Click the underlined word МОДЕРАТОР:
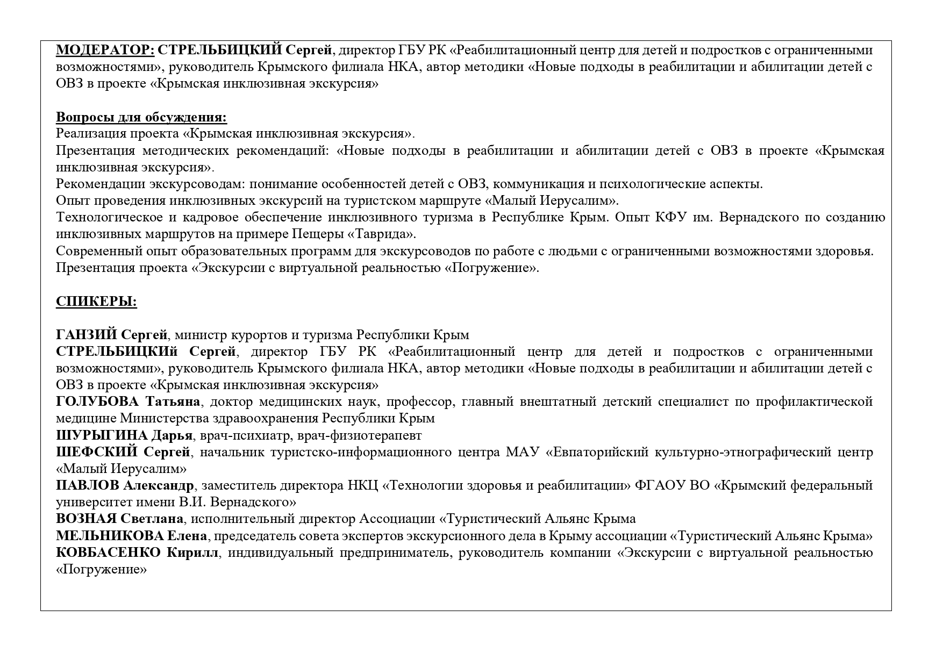click(105, 51)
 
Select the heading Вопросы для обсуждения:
click(141, 117)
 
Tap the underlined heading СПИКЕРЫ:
click(96, 302)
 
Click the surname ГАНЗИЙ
click(87, 335)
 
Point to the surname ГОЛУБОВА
click(97, 401)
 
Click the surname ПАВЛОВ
click(88, 485)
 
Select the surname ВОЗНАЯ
click(86, 519)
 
